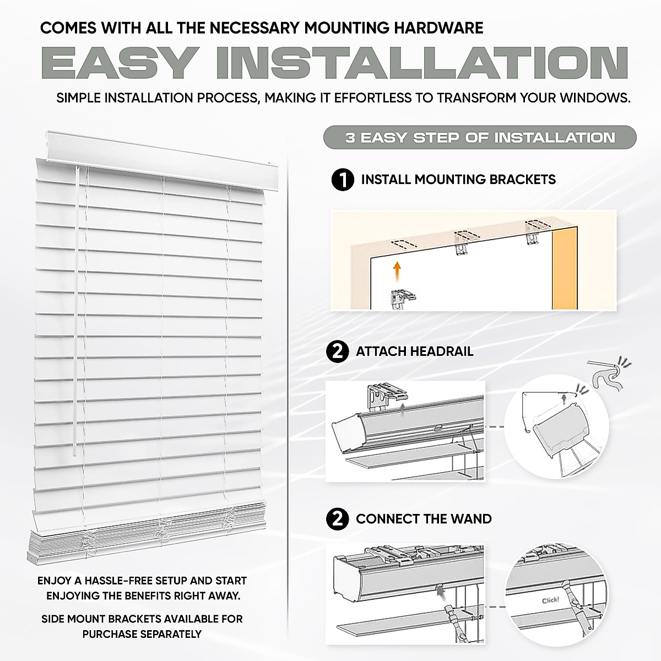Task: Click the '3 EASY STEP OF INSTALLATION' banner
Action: point(479,137)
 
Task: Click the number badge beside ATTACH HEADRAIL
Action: point(337,351)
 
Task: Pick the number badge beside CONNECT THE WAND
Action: point(337,519)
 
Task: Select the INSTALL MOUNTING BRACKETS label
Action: point(458,180)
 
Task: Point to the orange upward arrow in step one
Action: point(395,271)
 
